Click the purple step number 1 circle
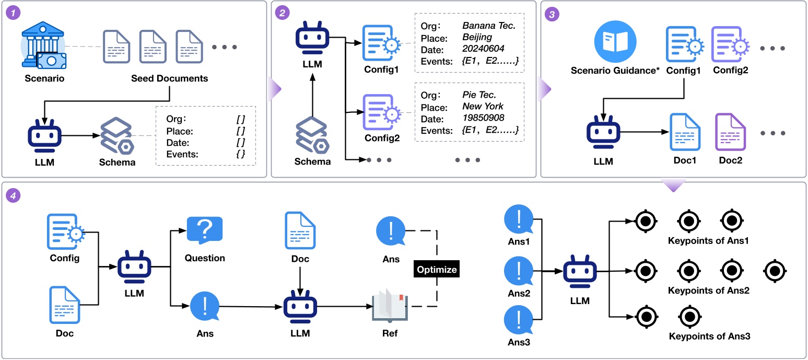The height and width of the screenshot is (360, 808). (x=13, y=13)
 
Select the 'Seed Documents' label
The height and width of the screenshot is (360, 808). (x=170, y=78)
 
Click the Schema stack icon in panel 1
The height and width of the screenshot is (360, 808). (x=117, y=136)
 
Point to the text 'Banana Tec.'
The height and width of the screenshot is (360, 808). (x=489, y=26)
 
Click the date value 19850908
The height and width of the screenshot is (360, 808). (x=483, y=118)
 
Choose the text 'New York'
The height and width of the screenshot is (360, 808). (x=483, y=107)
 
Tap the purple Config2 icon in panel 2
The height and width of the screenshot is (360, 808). (x=382, y=112)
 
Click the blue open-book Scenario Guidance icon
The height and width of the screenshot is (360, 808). (x=615, y=41)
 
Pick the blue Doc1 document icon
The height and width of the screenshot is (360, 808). (x=685, y=132)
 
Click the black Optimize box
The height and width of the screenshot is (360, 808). (x=437, y=269)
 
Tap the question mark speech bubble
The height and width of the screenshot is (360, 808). (x=205, y=230)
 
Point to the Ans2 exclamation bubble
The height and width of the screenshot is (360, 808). (x=519, y=271)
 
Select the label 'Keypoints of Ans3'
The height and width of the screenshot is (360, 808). (x=709, y=336)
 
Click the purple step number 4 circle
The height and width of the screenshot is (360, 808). (x=13, y=195)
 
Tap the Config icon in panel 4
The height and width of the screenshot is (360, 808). (x=66, y=231)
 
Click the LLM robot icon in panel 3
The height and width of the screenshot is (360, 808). (x=603, y=132)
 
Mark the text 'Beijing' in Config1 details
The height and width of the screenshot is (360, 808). (x=477, y=37)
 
